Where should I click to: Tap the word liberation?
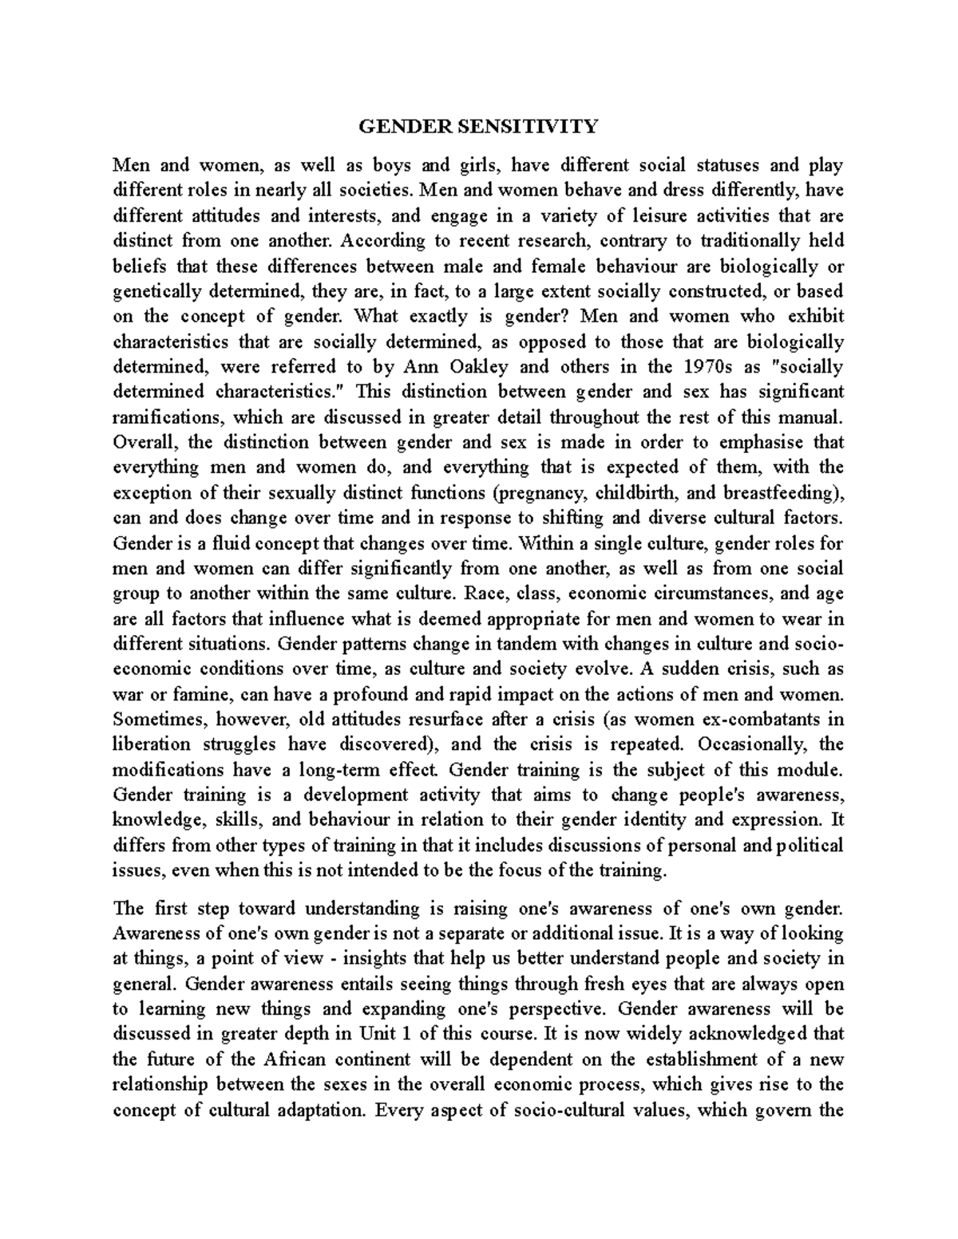click(x=152, y=745)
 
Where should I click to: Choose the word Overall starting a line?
click(x=148, y=442)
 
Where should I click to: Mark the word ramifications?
click(x=171, y=417)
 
